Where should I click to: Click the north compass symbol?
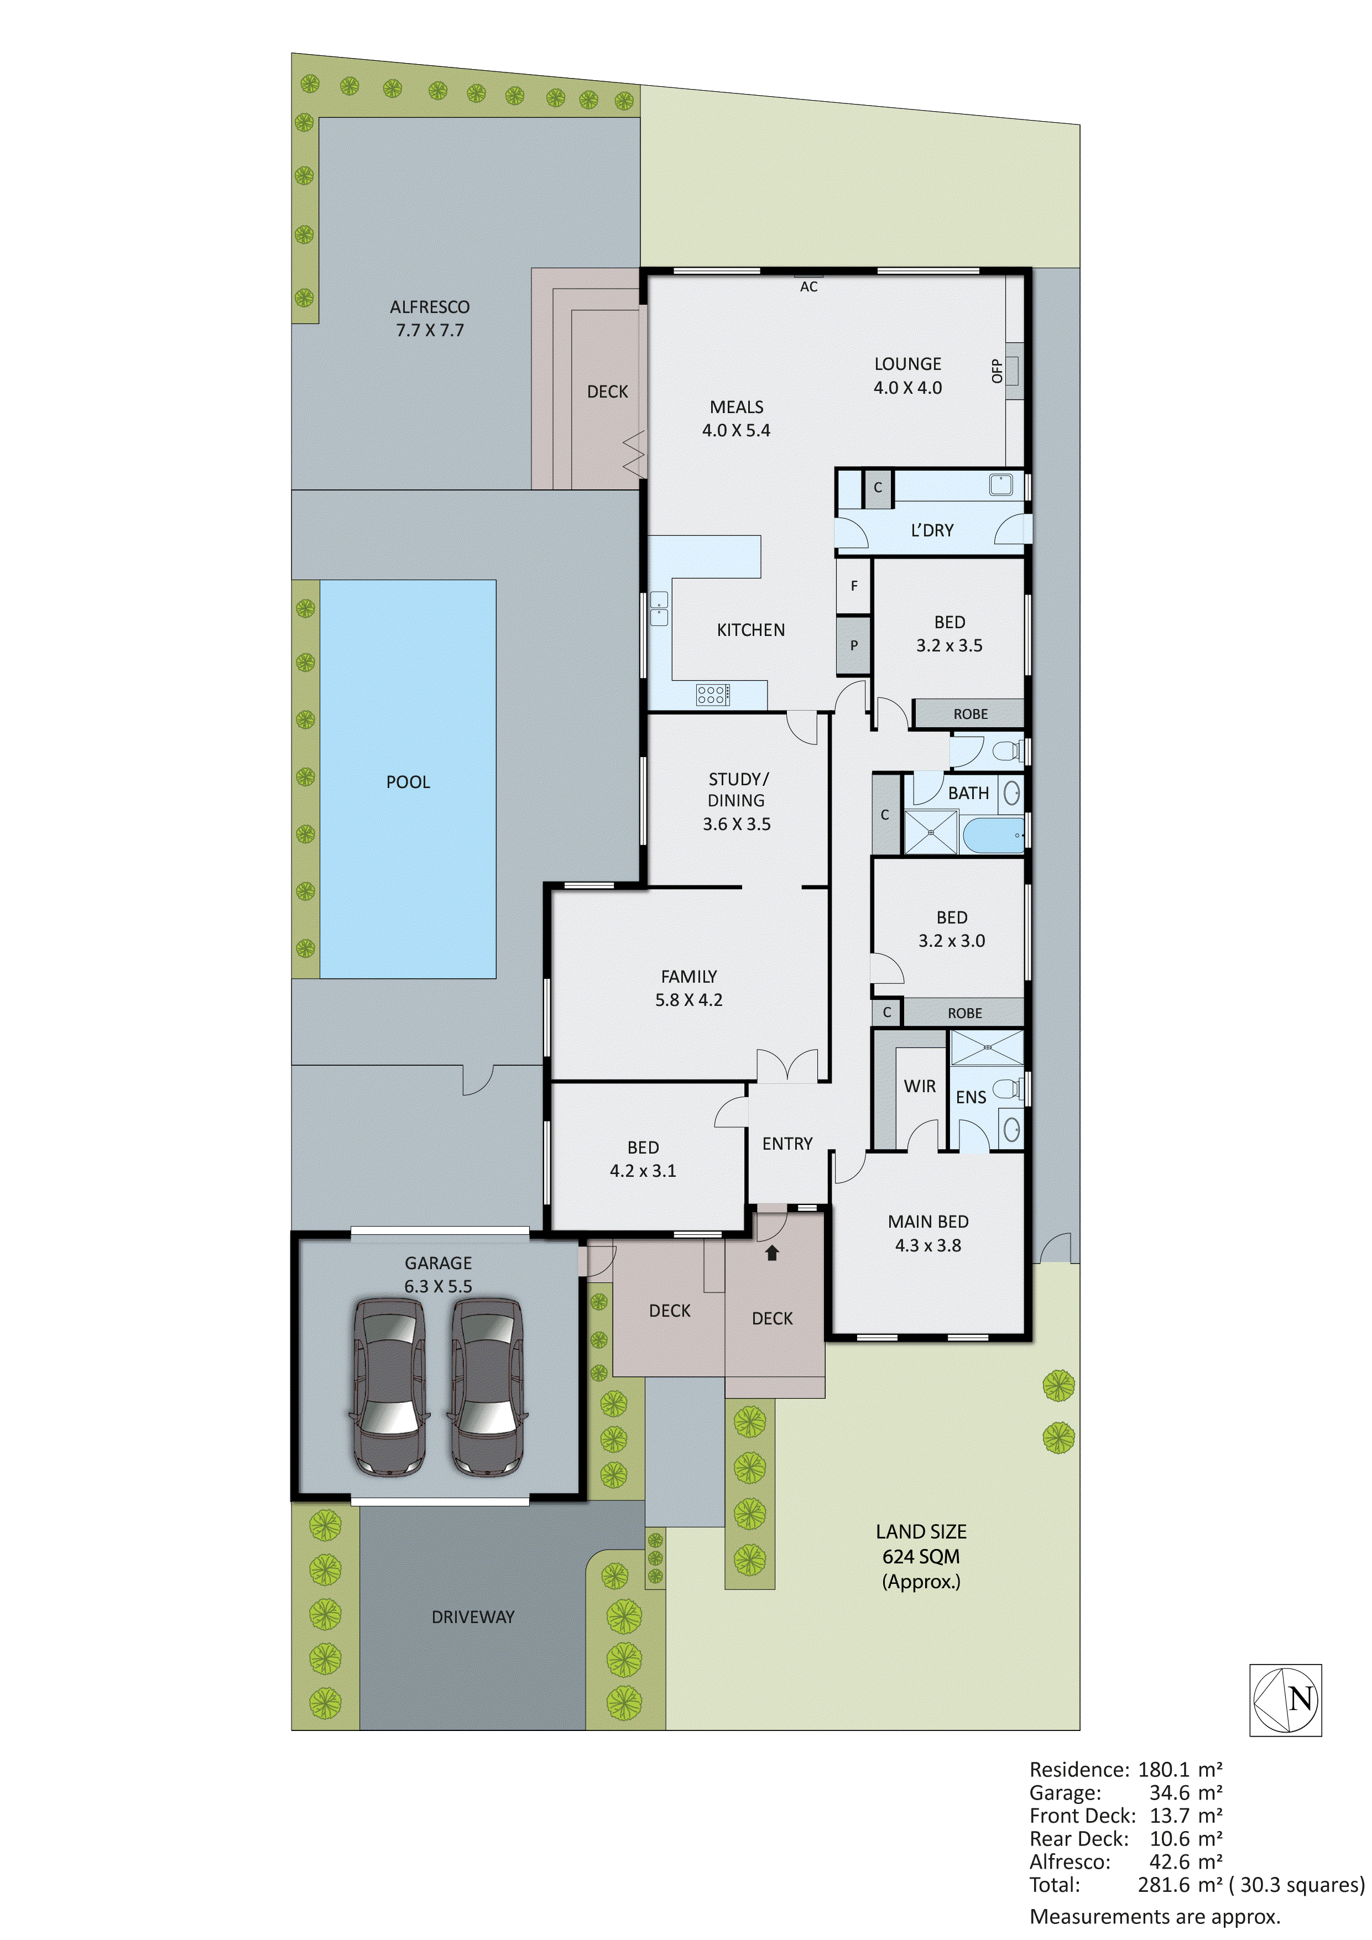[x=1285, y=1699]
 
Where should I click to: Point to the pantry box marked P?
[x=853, y=645]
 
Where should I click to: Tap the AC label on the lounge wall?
[x=808, y=287]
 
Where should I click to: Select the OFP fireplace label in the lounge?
[x=997, y=370]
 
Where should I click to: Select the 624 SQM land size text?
[x=921, y=1556]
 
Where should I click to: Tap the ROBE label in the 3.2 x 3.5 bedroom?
[x=970, y=714]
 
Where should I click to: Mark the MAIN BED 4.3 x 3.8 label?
[x=927, y=1233]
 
